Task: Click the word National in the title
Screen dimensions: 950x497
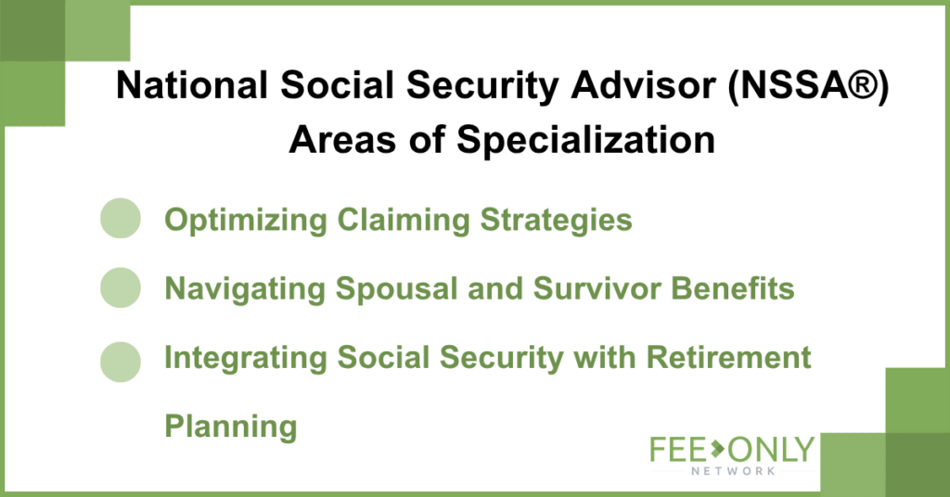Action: pos(192,84)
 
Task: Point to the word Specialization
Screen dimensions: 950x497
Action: pos(586,140)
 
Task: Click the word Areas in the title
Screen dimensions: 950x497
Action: pos(343,140)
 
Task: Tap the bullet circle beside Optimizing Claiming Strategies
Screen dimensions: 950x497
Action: pos(121,218)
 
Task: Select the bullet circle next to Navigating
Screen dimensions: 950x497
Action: pos(121,287)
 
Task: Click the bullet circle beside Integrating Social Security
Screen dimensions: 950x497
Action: pos(121,362)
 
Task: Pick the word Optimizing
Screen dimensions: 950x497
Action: pos(246,221)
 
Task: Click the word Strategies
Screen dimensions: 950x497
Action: pos(557,221)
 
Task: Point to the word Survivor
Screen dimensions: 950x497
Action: pos(597,288)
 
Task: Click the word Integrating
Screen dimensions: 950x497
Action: pos(246,358)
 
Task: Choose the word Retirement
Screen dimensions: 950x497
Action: pos(729,357)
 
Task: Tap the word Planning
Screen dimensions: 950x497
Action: pos(231,427)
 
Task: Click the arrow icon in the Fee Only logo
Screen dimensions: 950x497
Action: pos(717,449)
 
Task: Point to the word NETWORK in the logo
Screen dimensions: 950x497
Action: pos(733,470)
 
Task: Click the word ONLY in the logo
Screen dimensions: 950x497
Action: pos(771,450)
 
